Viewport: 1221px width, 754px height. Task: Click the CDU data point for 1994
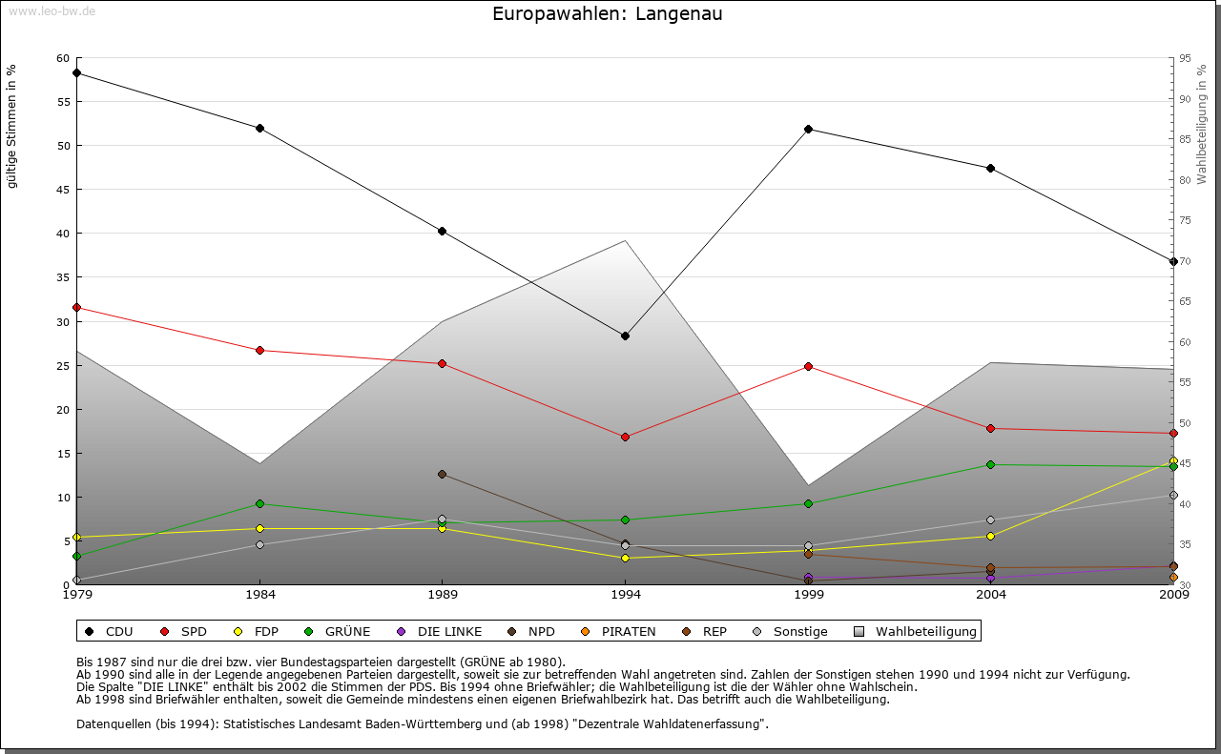pyautogui.click(x=625, y=336)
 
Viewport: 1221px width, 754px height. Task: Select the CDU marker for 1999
pyautogui.click(x=808, y=129)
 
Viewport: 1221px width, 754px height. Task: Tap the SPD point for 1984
pyautogui.click(x=259, y=350)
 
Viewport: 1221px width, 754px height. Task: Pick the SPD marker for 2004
pyautogui.click(x=991, y=428)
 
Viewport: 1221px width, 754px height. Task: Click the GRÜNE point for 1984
pyautogui.click(x=259, y=503)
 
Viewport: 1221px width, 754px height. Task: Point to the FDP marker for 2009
pyautogui.click(x=1173, y=460)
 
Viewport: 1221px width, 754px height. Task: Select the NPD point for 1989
pyautogui.click(x=442, y=474)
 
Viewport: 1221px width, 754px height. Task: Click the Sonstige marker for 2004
pyautogui.click(x=991, y=520)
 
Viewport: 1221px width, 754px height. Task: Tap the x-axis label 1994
pyautogui.click(x=625, y=596)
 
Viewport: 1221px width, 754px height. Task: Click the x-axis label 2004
pyautogui.click(x=991, y=596)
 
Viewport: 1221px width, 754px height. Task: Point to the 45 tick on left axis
pyautogui.click(x=62, y=190)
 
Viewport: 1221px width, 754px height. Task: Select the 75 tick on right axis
pyautogui.click(x=1184, y=220)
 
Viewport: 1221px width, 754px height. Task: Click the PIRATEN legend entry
pyautogui.click(x=620, y=631)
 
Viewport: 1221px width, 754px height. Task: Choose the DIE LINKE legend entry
pyautogui.click(x=441, y=631)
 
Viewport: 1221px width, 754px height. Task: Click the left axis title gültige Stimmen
pyautogui.click(x=12, y=126)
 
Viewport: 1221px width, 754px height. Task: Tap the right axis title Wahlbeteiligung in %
pyautogui.click(x=1202, y=124)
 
